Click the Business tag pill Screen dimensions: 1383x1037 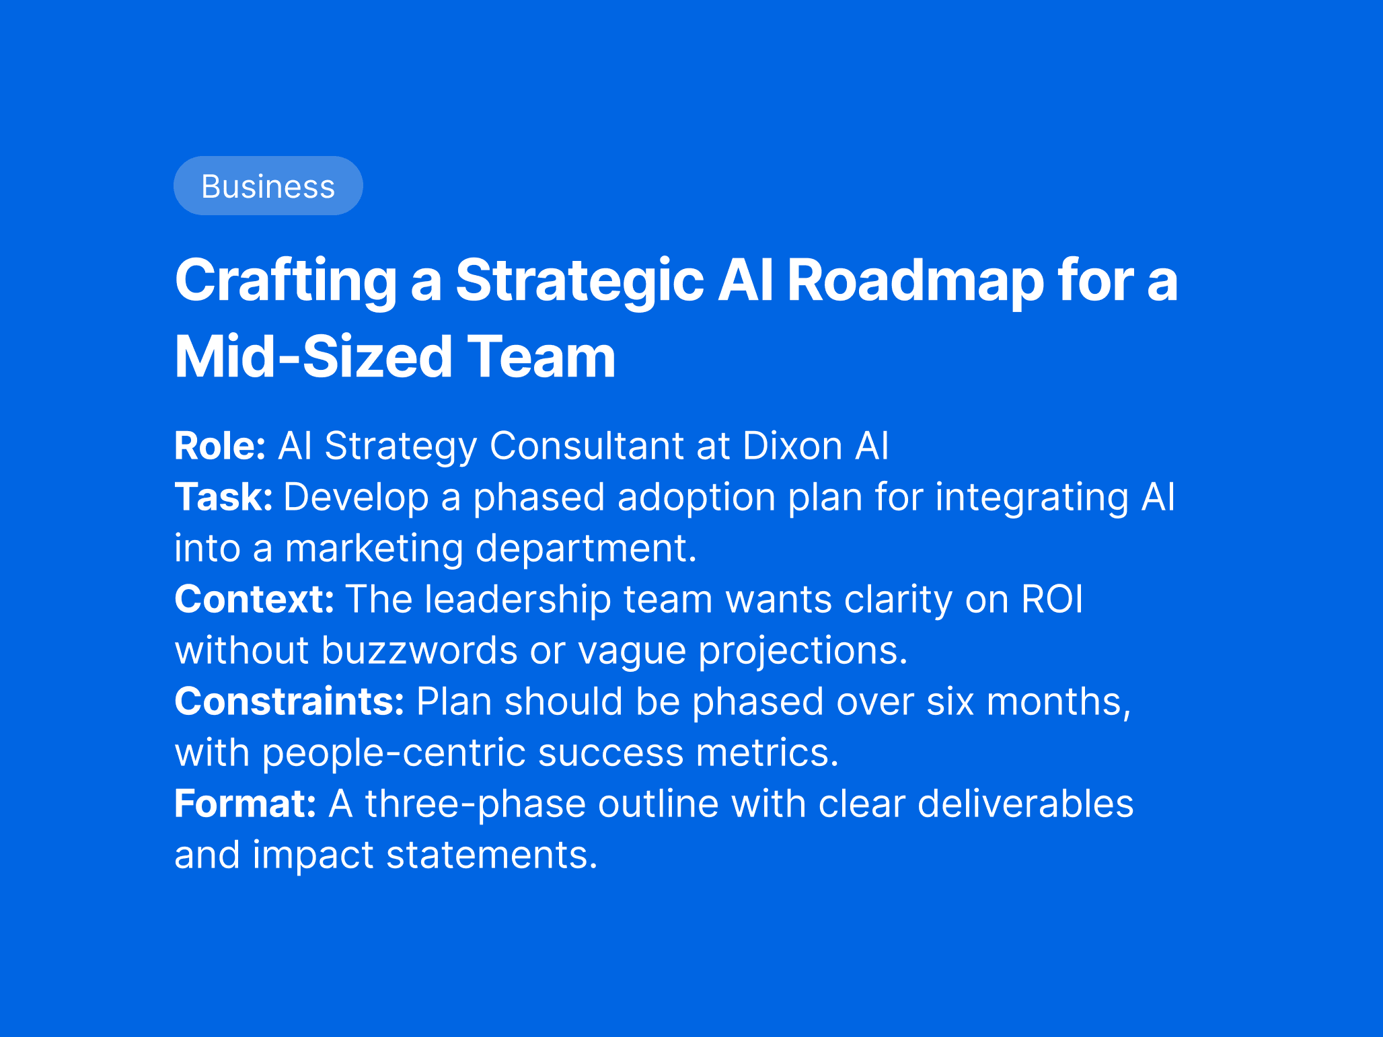pos(268,186)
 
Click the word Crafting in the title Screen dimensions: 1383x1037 pos(286,281)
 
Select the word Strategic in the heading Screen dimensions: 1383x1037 pos(580,281)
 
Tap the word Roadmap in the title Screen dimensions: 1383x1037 pos(915,281)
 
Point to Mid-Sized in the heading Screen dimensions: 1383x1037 pos(313,356)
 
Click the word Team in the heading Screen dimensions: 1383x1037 pos(541,356)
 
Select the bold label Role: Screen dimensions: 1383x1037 pos(221,445)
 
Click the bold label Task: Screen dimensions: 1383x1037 pos(224,497)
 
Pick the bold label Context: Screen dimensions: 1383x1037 pos(254,599)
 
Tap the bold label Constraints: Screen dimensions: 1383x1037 pos(289,701)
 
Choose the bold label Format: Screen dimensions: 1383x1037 pos(246,804)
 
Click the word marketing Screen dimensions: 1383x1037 pos(374,548)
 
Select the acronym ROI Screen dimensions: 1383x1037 pos(1052,599)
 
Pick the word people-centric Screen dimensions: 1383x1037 pos(394,753)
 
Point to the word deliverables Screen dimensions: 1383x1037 pos(1025,804)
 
